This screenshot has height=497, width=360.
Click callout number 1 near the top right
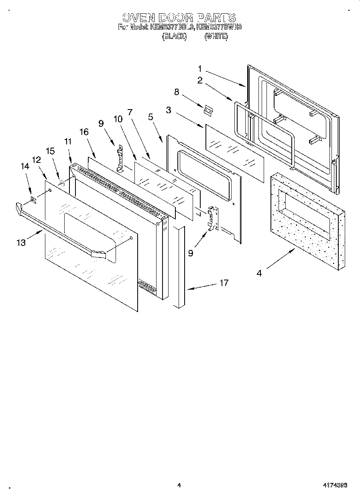200,69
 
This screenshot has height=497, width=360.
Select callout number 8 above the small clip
176,92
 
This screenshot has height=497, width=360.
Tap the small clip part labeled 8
208,110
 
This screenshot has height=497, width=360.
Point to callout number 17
224,283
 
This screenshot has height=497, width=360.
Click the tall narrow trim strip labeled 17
179,266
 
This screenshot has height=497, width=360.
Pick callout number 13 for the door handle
21,242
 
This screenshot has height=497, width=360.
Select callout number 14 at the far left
25,166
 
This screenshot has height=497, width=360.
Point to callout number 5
151,117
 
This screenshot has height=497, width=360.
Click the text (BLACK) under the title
174,37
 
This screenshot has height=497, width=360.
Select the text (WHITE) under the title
216,37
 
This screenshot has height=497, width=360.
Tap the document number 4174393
335,485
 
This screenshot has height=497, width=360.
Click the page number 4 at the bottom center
179,485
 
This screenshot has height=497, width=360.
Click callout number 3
169,110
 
